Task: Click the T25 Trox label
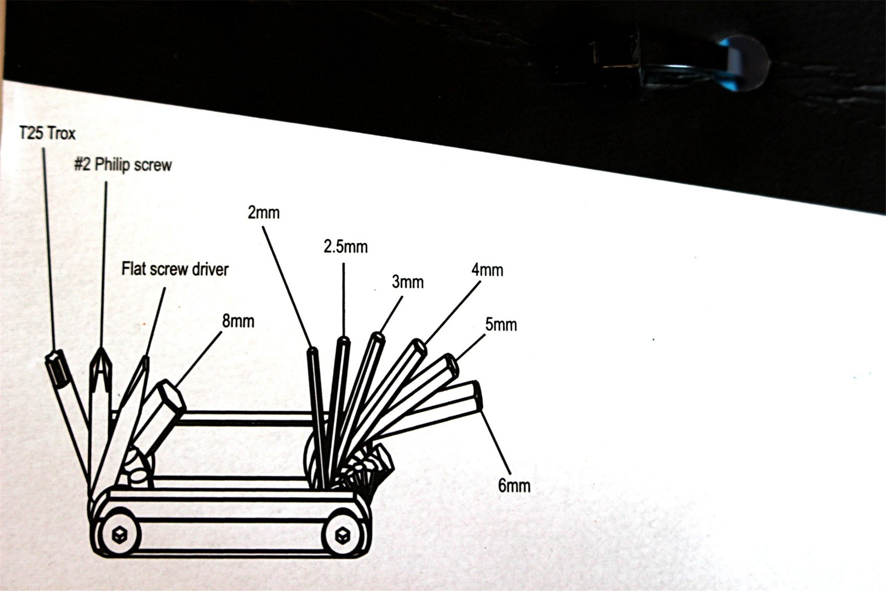pos(47,134)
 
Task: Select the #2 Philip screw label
pos(123,165)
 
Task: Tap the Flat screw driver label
pos(175,269)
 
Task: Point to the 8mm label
pos(238,321)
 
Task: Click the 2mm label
pos(263,212)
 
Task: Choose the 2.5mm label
pos(346,247)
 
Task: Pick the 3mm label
pos(407,282)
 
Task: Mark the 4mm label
pos(487,270)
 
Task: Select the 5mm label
pos(501,325)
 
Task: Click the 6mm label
pos(514,485)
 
